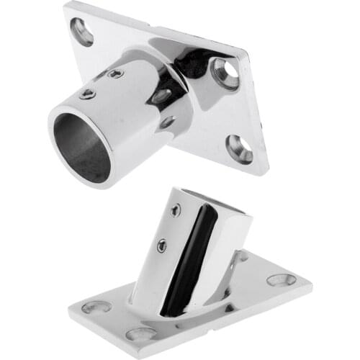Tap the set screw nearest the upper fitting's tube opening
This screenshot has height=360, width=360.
[87, 94]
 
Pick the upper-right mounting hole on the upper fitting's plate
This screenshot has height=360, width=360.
[225, 73]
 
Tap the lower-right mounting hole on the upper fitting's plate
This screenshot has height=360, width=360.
[240, 148]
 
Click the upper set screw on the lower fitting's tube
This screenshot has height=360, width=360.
[175, 211]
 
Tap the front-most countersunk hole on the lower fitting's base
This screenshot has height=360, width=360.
[142, 334]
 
